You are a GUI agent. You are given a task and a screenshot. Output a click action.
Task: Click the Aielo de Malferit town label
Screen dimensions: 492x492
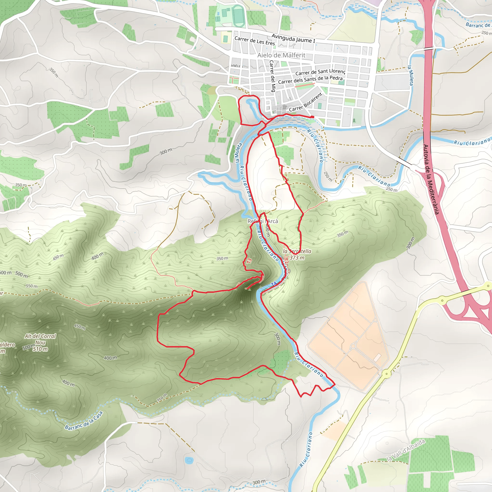[281, 55]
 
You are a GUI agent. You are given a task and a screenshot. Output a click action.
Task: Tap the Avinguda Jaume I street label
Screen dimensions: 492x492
[293, 38]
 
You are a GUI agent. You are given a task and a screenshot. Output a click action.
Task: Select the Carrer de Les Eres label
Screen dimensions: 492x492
[255, 41]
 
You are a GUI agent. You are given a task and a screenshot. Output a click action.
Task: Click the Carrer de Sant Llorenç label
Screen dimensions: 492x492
[320, 72]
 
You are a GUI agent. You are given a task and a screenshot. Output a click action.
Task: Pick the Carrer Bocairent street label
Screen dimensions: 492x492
[306, 103]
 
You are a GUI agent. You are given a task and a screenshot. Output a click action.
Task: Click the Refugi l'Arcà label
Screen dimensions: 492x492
[263, 221]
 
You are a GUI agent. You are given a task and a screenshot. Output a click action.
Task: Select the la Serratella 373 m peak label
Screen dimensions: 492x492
[297, 254]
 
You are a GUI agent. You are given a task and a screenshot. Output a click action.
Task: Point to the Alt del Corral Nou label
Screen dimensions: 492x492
[40, 339]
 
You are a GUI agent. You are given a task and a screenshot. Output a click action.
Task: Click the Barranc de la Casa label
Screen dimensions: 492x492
[84, 421]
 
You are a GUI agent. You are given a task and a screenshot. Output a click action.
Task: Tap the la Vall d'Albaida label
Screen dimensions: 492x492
[406, 450]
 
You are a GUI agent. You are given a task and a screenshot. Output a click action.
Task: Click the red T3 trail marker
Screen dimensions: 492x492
[249, 261]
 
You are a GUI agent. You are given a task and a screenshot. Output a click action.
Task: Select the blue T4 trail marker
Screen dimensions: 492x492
[274, 284]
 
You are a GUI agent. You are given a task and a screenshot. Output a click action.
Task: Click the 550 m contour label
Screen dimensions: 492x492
[31, 286]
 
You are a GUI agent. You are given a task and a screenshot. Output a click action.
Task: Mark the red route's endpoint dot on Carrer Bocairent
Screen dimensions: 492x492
[312, 117]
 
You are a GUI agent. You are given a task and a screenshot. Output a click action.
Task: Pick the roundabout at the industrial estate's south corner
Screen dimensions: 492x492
[387, 374]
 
